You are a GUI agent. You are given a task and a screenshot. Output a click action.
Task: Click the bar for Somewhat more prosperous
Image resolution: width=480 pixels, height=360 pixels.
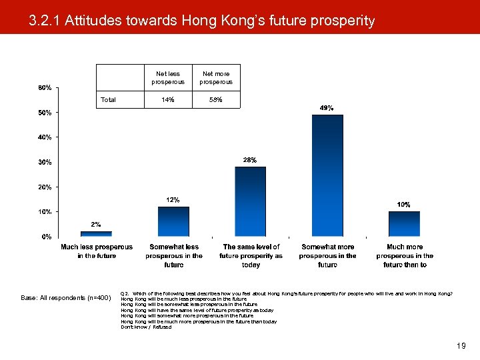(x=327, y=176)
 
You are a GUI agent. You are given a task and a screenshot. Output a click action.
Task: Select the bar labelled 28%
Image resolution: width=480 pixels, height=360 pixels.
(x=250, y=201)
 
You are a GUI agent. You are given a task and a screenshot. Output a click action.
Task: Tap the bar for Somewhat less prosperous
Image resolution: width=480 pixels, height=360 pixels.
(x=173, y=221)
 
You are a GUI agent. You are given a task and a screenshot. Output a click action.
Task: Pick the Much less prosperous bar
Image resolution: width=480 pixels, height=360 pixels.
(x=96, y=234)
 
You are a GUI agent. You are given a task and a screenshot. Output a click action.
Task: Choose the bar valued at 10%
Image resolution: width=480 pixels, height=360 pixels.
(x=404, y=224)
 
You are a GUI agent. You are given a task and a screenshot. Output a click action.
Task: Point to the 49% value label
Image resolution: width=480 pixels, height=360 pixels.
(x=327, y=108)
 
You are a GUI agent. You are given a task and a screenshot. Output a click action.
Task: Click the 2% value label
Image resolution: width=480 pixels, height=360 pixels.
(x=96, y=225)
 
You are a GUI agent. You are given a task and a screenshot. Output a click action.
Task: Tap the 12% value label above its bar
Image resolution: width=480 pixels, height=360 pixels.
(x=173, y=200)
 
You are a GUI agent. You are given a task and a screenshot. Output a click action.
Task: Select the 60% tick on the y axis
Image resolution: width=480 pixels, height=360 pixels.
(x=45, y=88)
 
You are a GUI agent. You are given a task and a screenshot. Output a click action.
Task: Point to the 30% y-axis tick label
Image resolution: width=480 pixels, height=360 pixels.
(x=45, y=162)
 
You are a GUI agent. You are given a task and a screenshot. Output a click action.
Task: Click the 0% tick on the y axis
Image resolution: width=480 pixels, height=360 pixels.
(x=47, y=237)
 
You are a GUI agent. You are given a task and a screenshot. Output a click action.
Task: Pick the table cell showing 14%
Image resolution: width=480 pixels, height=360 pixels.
(x=169, y=100)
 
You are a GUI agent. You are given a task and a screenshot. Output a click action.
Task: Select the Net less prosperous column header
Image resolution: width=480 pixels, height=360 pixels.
(x=169, y=77)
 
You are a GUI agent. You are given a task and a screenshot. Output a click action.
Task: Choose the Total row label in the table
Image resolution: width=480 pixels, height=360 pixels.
(x=108, y=100)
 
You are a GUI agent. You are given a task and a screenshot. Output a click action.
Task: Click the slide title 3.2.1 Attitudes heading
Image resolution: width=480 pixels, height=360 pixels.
(x=202, y=21)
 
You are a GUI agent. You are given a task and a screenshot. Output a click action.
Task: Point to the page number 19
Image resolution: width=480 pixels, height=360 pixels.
(x=461, y=346)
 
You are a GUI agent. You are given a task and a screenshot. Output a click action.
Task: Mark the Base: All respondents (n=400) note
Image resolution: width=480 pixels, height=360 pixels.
(x=66, y=298)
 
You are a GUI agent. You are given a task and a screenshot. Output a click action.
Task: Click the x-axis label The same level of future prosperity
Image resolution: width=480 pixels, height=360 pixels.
(x=251, y=255)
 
